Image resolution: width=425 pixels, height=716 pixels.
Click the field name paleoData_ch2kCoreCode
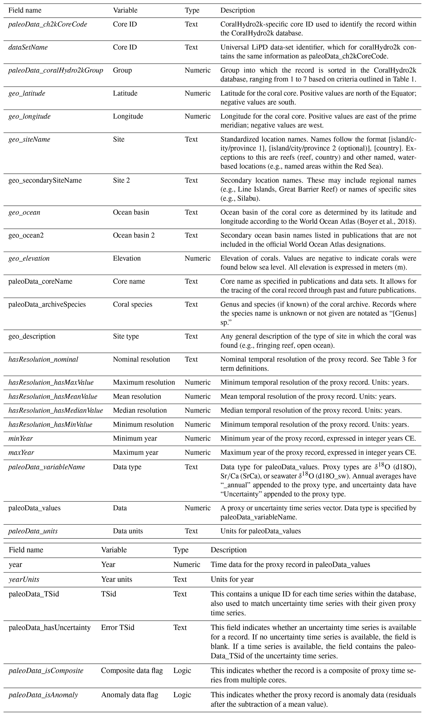click(47, 24)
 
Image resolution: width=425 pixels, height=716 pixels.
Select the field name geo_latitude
click(27, 93)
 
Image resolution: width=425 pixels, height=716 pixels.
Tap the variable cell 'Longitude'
click(128, 116)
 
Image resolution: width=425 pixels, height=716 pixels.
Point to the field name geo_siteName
click(29, 139)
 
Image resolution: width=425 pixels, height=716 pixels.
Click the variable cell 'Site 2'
click(121, 180)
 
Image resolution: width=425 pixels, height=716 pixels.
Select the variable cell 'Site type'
click(126, 336)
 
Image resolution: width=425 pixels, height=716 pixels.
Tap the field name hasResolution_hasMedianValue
click(56, 410)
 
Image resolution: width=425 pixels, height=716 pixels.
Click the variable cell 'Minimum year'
click(135, 438)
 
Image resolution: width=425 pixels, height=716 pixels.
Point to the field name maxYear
click(21, 453)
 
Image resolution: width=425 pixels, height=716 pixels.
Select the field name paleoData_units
click(33, 531)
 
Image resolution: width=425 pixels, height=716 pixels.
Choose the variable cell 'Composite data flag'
click(132, 671)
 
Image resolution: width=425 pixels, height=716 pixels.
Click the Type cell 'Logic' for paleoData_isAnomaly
click(182, 695)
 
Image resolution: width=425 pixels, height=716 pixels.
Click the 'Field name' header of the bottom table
click(26, 550)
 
